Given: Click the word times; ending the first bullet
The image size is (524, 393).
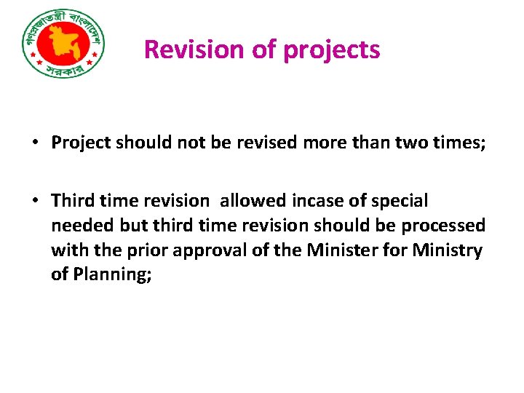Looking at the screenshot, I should (x=459, y=142).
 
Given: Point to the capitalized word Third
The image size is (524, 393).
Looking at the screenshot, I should (x=71, y=200).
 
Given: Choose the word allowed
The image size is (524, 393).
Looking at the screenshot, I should (x=253, y=200).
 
